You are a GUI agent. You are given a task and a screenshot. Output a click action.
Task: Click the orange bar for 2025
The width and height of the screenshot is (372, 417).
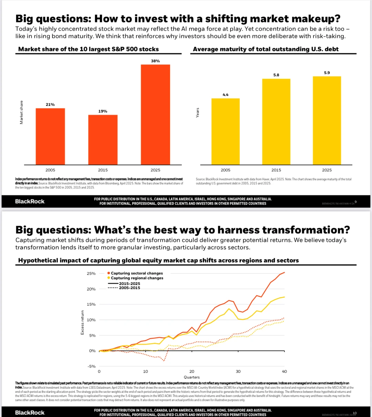(x=155, y=114)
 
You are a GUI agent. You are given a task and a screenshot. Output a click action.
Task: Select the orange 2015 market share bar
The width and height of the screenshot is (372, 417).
(x=103, y=140)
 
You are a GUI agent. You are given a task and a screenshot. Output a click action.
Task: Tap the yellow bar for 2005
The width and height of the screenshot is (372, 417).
(x=225, y=131)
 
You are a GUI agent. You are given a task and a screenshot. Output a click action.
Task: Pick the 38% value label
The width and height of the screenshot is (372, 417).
(x=155, y=61)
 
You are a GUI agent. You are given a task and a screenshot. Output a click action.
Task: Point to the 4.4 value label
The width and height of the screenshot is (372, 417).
(x=225, y=94)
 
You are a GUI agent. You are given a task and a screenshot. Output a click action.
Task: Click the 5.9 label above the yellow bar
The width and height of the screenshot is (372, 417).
(x=327, y=73)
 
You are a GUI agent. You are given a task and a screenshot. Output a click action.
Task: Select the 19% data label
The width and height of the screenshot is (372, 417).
(x=103, y=111)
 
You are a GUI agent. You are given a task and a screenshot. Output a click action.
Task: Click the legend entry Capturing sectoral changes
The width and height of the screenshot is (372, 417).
(x=137, y=273)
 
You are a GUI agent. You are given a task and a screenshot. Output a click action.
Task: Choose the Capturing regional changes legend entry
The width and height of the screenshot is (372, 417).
(x=137, y=278)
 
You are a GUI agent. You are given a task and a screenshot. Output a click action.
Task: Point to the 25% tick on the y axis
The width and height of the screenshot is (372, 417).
(x=91, y=274)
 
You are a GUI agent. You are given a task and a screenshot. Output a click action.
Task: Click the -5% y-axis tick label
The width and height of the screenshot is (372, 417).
(x=91, y=366)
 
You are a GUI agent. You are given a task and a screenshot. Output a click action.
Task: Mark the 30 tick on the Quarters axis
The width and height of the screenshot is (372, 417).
(x=238, y=372)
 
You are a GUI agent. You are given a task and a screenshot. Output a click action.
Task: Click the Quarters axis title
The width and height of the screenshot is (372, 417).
(x=192, y=377)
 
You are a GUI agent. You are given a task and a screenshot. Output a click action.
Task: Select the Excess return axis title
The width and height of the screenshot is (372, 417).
(x=82, y=322)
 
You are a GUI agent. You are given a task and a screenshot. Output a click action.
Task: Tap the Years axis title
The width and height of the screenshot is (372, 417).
(x=198, y=113)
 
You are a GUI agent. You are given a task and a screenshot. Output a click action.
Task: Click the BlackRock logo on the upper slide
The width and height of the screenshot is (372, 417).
(x=30, y=201)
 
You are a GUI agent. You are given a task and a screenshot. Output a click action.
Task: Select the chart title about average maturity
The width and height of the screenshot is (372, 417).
(x=266, y=49)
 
